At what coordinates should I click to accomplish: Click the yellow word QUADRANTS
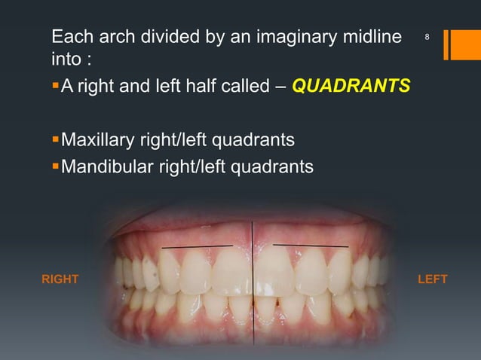[x=351, y=86]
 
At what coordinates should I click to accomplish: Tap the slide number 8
[x=427, y=37]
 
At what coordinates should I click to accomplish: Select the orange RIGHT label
[x=60, y=279]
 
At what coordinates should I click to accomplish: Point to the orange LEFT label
[x=432, y=279]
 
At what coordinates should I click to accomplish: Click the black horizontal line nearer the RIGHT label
[x=197, y=246]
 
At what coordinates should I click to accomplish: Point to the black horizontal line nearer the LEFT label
[x=311, y=245]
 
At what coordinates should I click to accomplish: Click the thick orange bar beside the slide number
[x=458, y=44]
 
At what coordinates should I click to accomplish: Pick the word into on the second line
[x=65, y=59]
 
